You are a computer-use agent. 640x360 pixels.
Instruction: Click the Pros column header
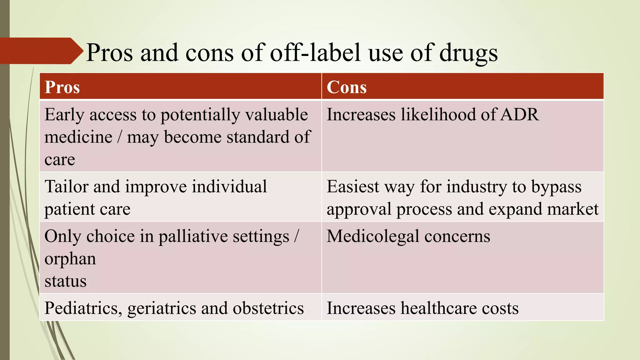click(62, 87)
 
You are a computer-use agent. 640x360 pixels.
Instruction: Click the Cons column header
click(347, 87)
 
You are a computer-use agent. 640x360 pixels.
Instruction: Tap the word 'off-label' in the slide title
click(316, 52)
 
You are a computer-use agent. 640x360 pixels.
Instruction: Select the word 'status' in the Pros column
click(65, 281)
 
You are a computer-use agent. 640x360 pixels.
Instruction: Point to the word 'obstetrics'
click(268, 308)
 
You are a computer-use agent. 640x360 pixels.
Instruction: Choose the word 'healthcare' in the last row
click(439, 308)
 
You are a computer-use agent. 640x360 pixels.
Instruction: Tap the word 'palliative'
click(192, 236)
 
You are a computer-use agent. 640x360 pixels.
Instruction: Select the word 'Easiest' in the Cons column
click(353, 187)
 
